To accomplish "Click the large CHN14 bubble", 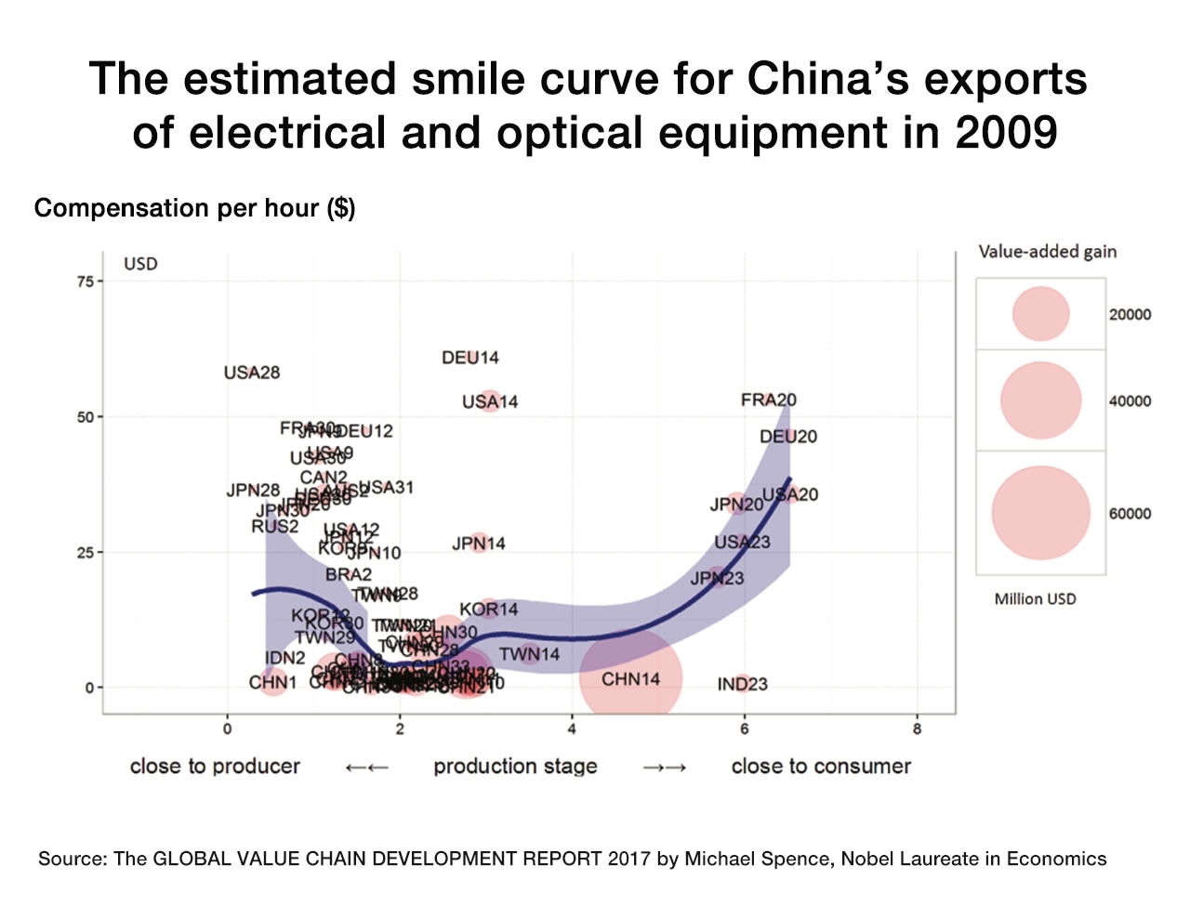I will point(630,678).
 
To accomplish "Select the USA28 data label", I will point(252,373).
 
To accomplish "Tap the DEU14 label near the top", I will point(470,358).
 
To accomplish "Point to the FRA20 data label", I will point(769,400).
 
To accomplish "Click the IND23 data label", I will point(743,685).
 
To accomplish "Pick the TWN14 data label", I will point(530,654).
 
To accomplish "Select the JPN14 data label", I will point(479,544).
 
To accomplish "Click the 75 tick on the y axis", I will point(85,282).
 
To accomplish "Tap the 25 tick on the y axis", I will point(85,553).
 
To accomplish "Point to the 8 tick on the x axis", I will point(917,729).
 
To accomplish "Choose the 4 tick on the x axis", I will point(572,729).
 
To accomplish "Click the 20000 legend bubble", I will point(1041,314).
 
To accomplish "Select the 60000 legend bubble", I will point(1040,513).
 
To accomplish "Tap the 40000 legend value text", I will point(1130,401).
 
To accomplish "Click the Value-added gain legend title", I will point(1048,252).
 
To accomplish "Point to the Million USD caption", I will point(1036,599).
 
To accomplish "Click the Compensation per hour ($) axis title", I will point(194,208).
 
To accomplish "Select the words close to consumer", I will point(821,767).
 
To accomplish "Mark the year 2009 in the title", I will point(1007,133).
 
